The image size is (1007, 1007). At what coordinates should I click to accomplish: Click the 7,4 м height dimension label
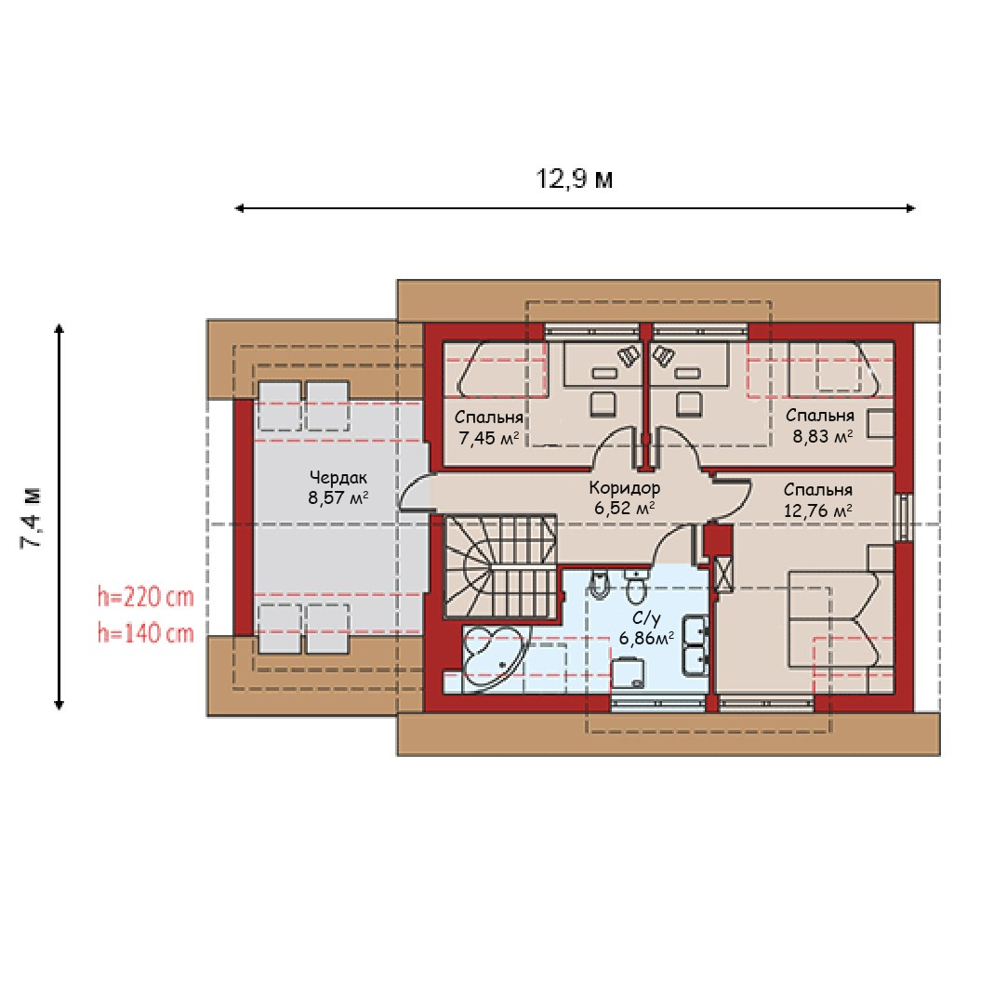32,518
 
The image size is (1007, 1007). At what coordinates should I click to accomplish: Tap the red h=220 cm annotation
146,597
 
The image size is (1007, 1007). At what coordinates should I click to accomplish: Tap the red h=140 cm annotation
146,633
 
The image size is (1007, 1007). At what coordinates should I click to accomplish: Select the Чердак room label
338,478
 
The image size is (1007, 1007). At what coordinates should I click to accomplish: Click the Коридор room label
624,488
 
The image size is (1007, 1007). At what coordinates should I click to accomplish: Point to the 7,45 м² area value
489,438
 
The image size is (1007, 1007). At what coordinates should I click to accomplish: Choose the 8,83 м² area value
822,437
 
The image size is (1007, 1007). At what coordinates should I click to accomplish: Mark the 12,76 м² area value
817,510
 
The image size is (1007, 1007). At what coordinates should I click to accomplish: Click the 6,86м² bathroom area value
646,639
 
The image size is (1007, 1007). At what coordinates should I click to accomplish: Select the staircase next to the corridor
500,565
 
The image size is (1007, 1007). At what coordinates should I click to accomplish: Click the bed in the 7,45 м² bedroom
501,368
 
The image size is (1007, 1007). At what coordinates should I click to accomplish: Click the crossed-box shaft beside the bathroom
723,574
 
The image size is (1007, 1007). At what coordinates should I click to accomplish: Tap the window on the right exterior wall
904,517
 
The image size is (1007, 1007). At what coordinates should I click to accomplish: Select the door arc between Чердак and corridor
414,492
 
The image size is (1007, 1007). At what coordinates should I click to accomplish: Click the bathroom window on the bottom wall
657,704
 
